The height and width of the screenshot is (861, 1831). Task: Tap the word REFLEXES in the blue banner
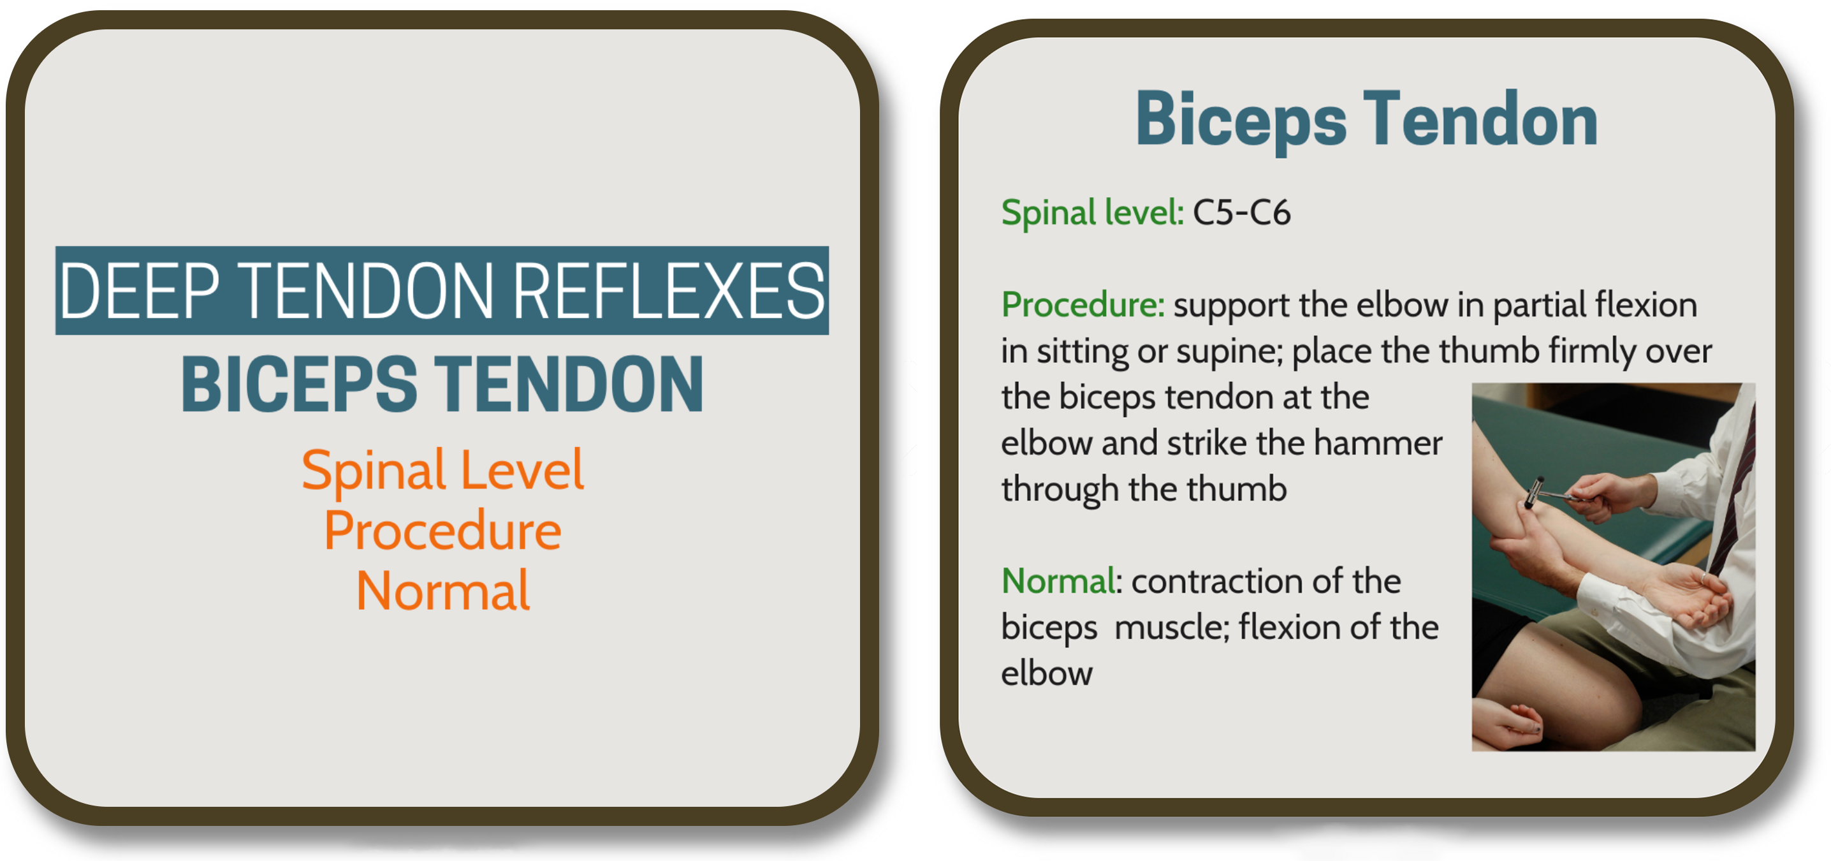click(x=668, y=290)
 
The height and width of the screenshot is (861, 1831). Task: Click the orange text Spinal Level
click(x=442, y=471)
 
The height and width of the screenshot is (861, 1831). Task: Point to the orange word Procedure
click(x=442, y=531)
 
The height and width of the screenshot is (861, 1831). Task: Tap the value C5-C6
click(x=1241, y=212)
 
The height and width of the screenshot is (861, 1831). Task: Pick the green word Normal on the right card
click(x=1058, y=581)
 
